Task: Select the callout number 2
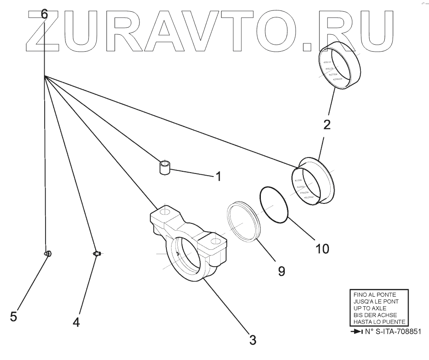[x=327, y=125]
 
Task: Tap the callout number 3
[x=253, y=339]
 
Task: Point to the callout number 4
[x=76, y=322]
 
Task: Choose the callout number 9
[x=281, y=272]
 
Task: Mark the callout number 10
[x=322, y=249]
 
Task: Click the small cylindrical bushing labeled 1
[x=164, y=168]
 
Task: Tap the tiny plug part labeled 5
[x=49, y=253]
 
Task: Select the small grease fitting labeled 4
[x=97, y=253]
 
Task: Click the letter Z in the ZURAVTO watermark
[x=43, y=29]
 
